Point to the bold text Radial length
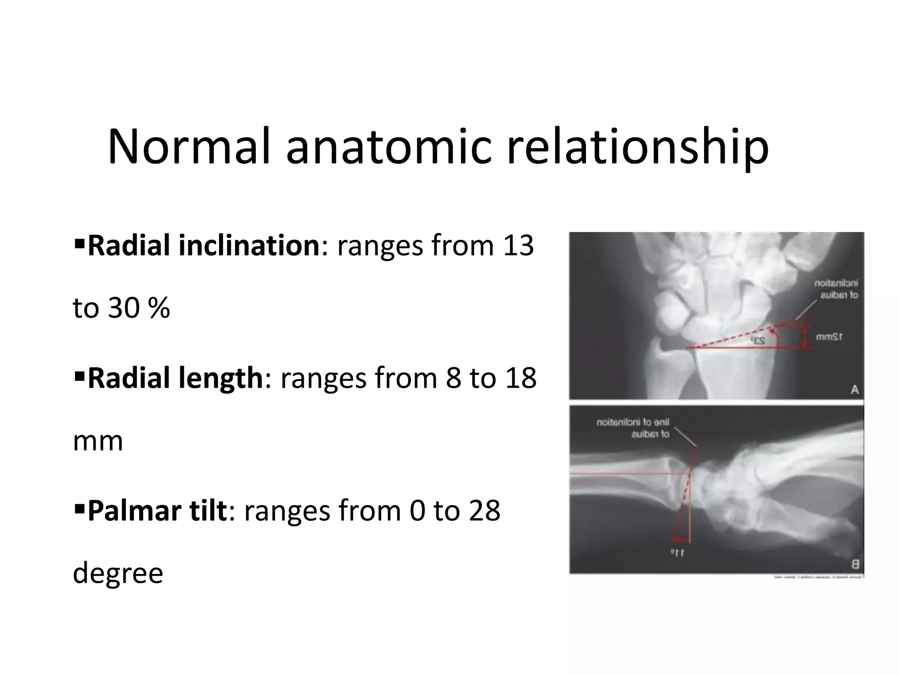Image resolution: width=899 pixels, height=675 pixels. point(175,378)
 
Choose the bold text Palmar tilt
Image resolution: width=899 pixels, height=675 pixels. point(157,511)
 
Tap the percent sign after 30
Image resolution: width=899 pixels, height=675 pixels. point(159,308)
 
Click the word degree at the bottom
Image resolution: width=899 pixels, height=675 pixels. point(118,573)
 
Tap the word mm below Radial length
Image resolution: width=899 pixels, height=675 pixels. point(97,441)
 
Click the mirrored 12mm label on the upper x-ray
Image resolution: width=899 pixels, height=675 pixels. point(829,337)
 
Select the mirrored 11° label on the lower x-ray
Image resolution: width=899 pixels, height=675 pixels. point(677,553)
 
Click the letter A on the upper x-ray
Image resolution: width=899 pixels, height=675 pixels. point(854,389)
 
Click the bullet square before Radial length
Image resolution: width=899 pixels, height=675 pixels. point(79,376)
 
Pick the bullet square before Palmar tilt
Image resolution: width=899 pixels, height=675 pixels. point(79,509)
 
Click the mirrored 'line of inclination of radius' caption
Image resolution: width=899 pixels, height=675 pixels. point(633,428)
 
